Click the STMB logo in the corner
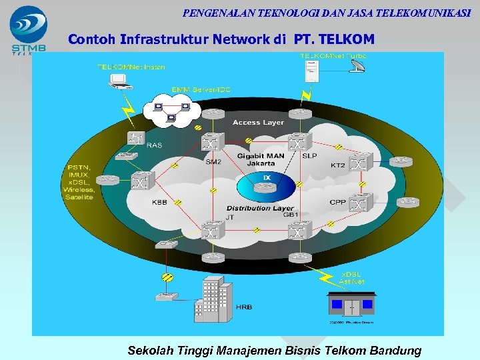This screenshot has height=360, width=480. point(28,31)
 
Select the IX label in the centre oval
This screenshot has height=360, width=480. point(266,178)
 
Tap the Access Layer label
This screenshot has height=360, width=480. point(258,123)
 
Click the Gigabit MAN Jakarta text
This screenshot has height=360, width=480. point(261,159)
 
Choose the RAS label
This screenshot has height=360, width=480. point(154,145)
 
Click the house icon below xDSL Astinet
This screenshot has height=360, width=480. point(351,303)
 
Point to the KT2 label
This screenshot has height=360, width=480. point(338,165)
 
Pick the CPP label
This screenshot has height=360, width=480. point(337,202)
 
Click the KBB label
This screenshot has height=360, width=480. point(159,202)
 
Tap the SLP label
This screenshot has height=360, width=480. point(309,155)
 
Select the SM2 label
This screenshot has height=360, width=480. point(213,161)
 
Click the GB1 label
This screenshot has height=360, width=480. point(291,215)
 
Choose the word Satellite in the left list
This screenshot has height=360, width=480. point(80,197)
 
